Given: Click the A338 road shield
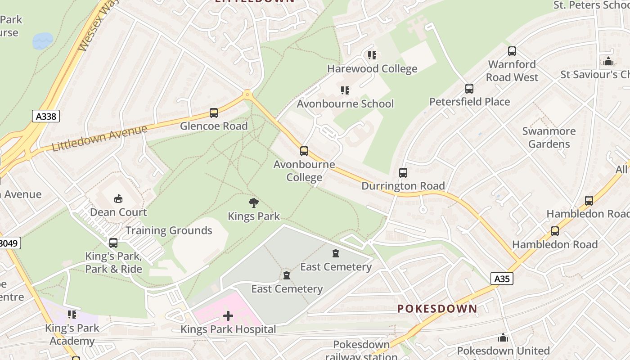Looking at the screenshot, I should click(46, 117).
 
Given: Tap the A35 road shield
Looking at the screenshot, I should click(502, 279).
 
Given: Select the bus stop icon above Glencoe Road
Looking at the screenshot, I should click(214, 113).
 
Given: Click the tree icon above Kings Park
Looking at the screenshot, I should click(254, 203).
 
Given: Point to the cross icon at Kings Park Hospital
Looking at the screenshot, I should click(228, 316).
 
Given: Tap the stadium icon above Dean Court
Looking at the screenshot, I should click(118, 198).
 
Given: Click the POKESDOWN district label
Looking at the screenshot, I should click(437, 309).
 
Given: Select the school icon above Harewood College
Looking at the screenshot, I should click(372, 55).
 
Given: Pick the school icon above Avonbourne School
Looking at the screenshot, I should click(345, 90).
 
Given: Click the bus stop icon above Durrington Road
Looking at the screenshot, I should click(403, 173).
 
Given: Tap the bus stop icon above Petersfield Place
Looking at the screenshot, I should click(469, 89).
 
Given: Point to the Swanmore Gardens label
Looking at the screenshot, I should click(549, 138).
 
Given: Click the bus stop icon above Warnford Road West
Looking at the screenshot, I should click(512, 51).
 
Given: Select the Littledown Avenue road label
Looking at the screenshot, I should click(99, 138).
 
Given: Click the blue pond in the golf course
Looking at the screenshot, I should click(43, 41).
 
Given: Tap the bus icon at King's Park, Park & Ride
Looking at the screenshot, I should click(113, 243).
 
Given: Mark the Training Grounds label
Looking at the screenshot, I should click(169, 230).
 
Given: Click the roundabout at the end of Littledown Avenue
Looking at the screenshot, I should click(247, 95).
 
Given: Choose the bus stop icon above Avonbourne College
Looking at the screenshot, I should click(304, 151).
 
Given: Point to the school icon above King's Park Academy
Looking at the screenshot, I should click(72, 315).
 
